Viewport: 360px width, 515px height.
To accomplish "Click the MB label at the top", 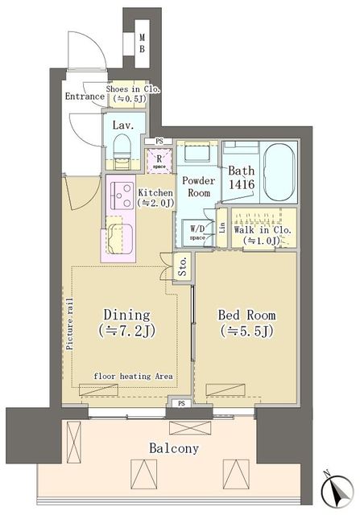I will (x=142, y=42).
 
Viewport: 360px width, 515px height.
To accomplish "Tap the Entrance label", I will (x=85, y=97).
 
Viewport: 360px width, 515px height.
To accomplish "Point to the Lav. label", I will (x=123, y=125).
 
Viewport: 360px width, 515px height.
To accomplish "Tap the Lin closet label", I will (x=222, y=229).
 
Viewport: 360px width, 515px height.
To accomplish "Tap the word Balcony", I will (x=172, y=448).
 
